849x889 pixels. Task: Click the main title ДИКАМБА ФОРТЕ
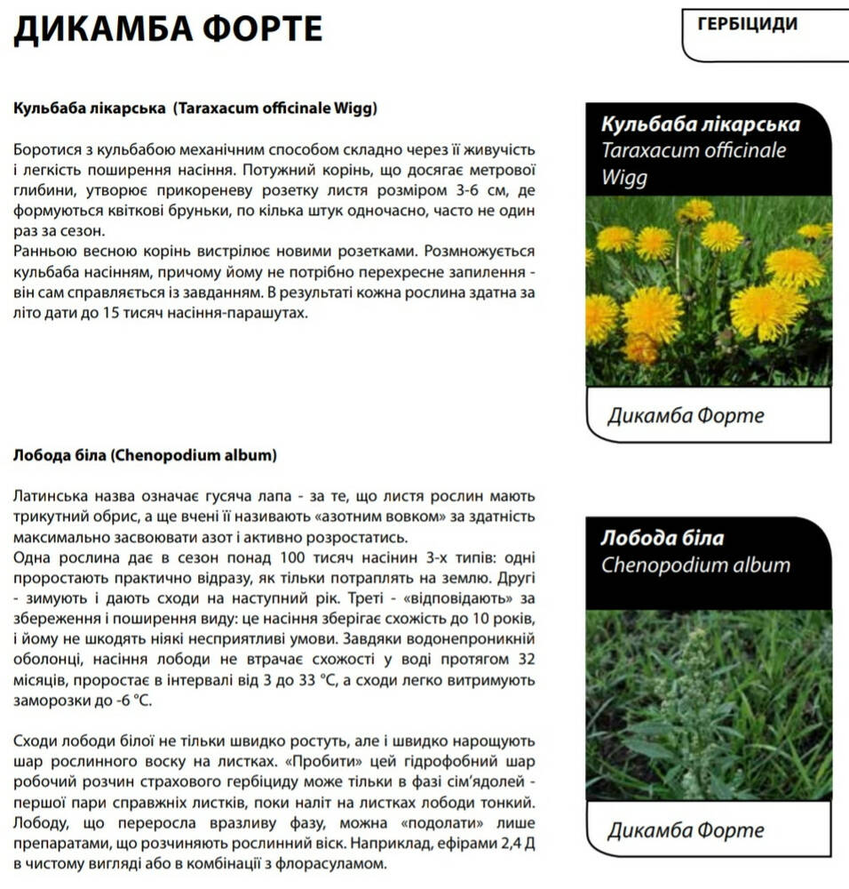pyautogui.click(x=169, y=29)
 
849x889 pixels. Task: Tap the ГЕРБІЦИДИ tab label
pyautogui.click(x=748, y=24)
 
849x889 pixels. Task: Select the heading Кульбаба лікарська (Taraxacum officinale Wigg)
pyautogui.click(x=196, y=108)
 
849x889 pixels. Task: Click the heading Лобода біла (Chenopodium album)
pyautogui.click(x=145, y=455)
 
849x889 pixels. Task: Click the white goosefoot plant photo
pyautogui.click(x=709, y=704)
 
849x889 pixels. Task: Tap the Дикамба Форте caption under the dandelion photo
pyautogui.click(x=685, y=415)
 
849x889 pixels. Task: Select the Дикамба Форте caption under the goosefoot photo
pyautogui.click(x=685, y=830)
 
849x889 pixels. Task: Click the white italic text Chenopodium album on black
pyautogui.click(x=695, y=565)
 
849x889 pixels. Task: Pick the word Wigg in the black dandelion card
pyautogui.click(x=624, y=178)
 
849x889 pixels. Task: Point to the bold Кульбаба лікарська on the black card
pyautogui.click(x=701, y=124)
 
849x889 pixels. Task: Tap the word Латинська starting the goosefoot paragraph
pyautogui.click(x=49, y=495)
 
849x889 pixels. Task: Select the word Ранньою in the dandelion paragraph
pyautogui.click(x=43, y=251)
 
